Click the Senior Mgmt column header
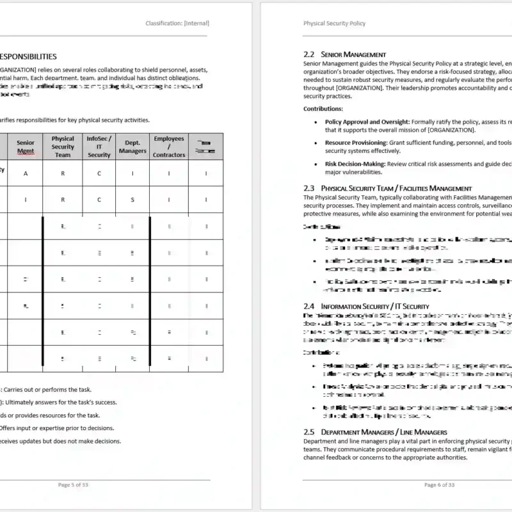26,147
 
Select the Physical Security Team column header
63,147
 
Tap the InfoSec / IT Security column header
99,147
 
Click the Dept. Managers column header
132,147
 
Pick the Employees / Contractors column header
168,147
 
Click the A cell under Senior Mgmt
26,173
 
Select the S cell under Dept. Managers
132,200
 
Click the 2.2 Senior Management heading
344,54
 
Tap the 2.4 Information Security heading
366,307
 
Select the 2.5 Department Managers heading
375,432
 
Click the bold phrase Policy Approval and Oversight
367,122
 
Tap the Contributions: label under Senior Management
323,109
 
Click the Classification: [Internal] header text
177,24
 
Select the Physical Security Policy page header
334,24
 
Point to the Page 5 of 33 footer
73,485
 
